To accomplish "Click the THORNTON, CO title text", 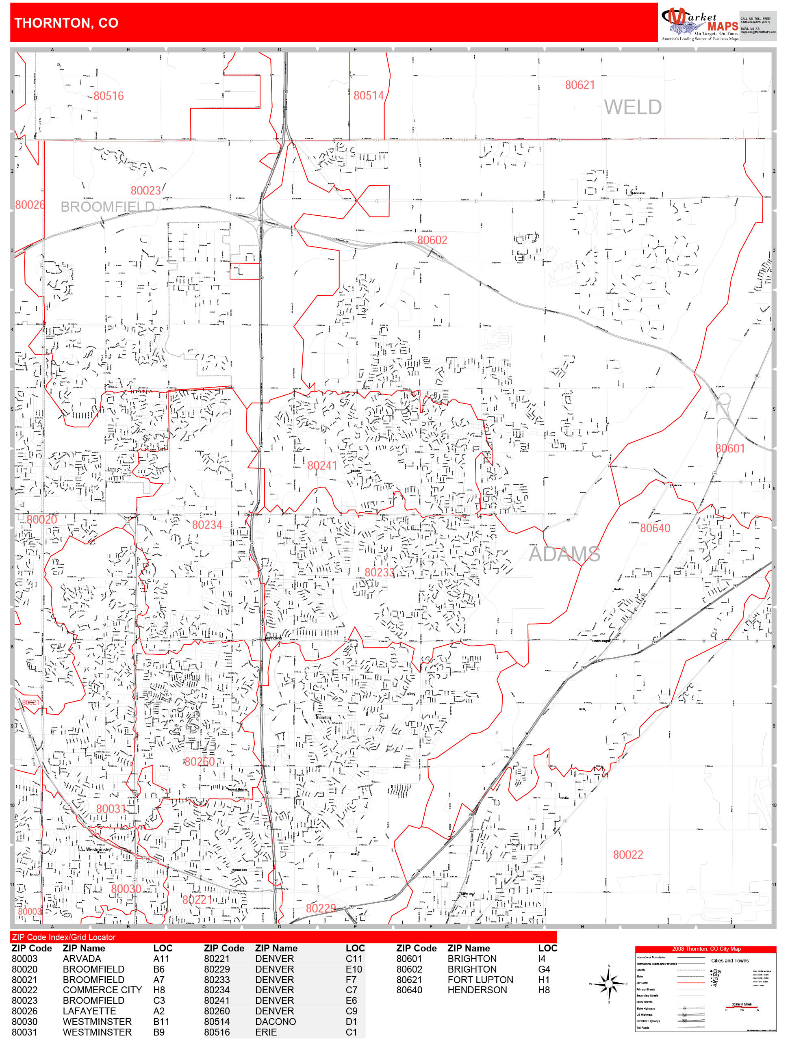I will (x=66, y=23).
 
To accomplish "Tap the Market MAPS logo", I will (x=699, y=23).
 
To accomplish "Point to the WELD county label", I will (x=632, y=107).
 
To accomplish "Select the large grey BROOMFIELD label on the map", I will (x=107, y=207).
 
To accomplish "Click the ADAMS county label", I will (x=564, y=554).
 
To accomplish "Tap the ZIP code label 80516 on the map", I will (x=109, y=96).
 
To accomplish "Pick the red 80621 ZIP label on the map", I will (x=579, y=85).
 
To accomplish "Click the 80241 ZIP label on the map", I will (x=322, y=466).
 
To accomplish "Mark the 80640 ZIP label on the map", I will (x=655, y=528).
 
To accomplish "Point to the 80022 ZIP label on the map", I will (x=627, y=854).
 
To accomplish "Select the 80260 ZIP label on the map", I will (x=200, y=762).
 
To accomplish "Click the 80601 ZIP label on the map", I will (x=729, y=448).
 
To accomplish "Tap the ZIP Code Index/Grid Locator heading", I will (x=64, y=937).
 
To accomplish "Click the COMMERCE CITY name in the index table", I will (x=102, y=990).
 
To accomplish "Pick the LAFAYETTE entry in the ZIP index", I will (x=89, y=1011).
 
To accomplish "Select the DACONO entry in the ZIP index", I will (x=275, y=1021).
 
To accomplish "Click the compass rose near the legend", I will (x=609, y=984).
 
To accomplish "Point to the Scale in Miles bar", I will (x=741, y=1007).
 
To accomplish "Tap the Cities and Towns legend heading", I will (x=729, y=960).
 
